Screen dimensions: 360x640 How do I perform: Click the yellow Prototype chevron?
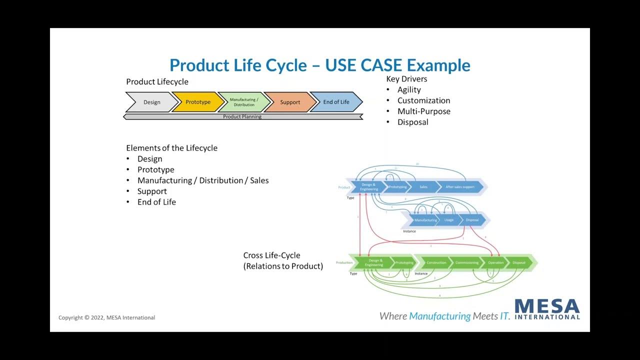pyautogui.click(x=198, y=102)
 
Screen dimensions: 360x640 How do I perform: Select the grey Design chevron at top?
pyautogui.click(x=152, y=102)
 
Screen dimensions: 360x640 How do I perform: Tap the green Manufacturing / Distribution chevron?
pyautogui.click(x=244, y=102)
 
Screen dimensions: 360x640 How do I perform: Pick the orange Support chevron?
pyautogui.click(x=290, y=102)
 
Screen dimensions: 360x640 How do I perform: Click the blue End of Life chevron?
pyautogui.click(x=336, y=102)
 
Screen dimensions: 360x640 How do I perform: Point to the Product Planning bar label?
pyautogui.click(x=242, y=116)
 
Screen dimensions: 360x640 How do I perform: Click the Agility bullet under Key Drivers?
pyautogui.click(x=409, y=89)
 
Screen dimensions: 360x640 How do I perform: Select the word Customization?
pyautogui.click(x=423, y=100)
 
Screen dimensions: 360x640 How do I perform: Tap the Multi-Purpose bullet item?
pyautogui.click(x=423, y=111)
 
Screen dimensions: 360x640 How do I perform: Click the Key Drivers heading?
pyautogui.click(x=406, y=79)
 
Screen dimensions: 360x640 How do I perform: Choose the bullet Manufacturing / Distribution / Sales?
pyautogui.click(x=203, y=180)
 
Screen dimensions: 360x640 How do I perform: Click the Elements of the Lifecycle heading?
pyautogui.click(x=171, y=148)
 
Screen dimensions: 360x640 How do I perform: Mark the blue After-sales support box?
pyautogui.click(x=460, y=187)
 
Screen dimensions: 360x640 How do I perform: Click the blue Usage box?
pyautogui.click(x=449, y=220)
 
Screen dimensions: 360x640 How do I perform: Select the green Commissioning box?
pyautogui.click(x=467, y=262)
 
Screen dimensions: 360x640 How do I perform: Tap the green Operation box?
pyautogui.click(x=496, y=262)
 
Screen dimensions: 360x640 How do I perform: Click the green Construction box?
pyautogui.click(x=436, y=262)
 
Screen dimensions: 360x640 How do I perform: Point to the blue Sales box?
pyautogui.click(x=423, y=187)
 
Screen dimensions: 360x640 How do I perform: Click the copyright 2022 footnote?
pyautogui.click(x=106, y=317)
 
